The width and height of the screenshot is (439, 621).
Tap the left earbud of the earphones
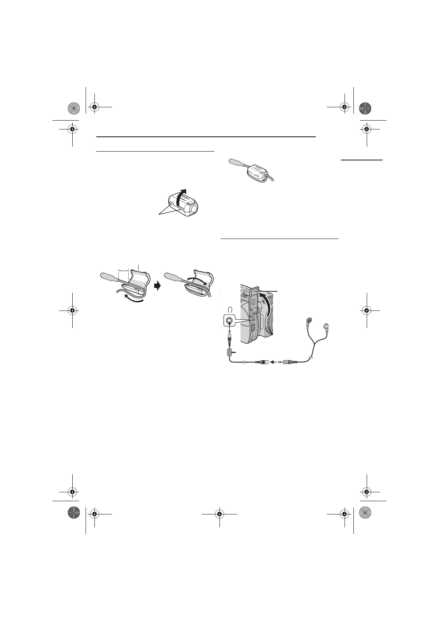click(310, 321)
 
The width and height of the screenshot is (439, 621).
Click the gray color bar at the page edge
click(362, 160)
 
